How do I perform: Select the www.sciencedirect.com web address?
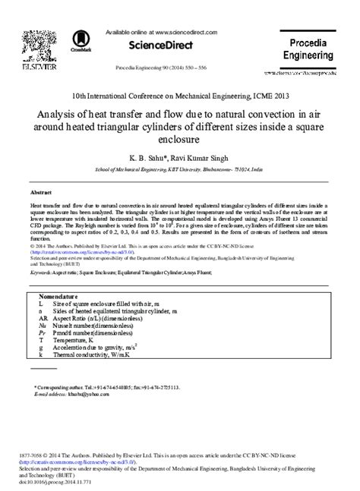tap(187, 33)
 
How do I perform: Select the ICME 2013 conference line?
tap(179, 98)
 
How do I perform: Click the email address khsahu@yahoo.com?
tap(85, 393)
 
